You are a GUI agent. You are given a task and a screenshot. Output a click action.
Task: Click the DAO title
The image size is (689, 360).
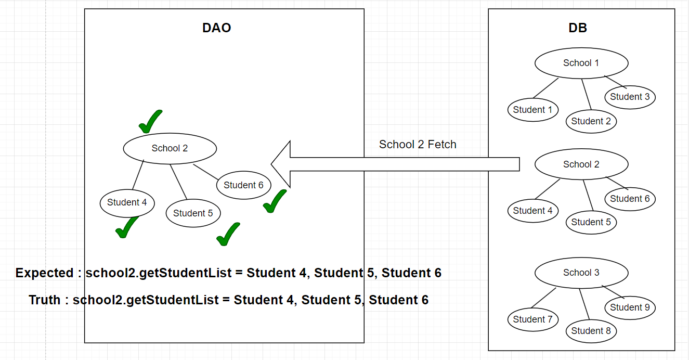pyautogui.click(x=216, y=28)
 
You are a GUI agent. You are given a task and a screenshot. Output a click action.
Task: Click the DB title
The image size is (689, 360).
pyautogui.click(x=578, y=28)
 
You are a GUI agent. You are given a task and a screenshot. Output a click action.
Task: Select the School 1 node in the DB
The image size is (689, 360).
pyautogui.click(x=581, y=63)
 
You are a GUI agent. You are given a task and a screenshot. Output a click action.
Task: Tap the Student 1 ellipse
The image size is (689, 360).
pyautogui.click(x=533, y=110)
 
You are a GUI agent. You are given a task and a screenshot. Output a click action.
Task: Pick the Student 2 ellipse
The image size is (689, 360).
pyautogui.click(x=591, y=121)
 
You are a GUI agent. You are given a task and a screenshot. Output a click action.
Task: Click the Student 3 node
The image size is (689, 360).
pyautogui.click(x=630, y=97)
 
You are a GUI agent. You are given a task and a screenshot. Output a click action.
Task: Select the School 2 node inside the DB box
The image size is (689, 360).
pyautogui.click(x=581, y=164)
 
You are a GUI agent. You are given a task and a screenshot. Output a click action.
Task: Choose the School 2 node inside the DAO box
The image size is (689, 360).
pyautogui.click(x=170, y=149)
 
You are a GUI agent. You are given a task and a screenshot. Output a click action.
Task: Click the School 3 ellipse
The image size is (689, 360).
pyautogui.click(x=581, y=273)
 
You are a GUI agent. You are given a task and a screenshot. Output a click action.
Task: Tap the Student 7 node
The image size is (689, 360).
pyautogui.click(x=533, y=319)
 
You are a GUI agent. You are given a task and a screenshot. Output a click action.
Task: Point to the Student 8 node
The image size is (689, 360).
pyautogui.click(x=591, y=331)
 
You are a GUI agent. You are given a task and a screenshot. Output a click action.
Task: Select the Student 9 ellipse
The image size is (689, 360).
pyautogui.click(x=630, y=307)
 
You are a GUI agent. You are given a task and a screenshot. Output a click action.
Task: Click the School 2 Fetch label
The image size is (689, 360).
pyautogui.click(x=418, y=144)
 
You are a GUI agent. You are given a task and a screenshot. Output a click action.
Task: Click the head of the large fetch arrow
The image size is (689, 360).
pyautogui.click(x=271, y=164)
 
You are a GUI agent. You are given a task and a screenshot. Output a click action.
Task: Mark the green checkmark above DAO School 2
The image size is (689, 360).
pyautogui.click(x=150, y=121)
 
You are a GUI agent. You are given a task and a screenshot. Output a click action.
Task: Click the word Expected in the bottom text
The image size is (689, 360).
pyautogui.click(x=44, y=273)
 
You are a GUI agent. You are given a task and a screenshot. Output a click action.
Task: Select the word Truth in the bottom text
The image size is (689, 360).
pyautogui.click(x=44, y=300)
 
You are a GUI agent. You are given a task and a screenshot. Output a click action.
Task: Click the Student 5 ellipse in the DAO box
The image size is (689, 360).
pyautogui.click(x=193, y=213)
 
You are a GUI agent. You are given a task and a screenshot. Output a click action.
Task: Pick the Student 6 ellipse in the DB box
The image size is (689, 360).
pyautogui.click(x=630, y=199)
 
